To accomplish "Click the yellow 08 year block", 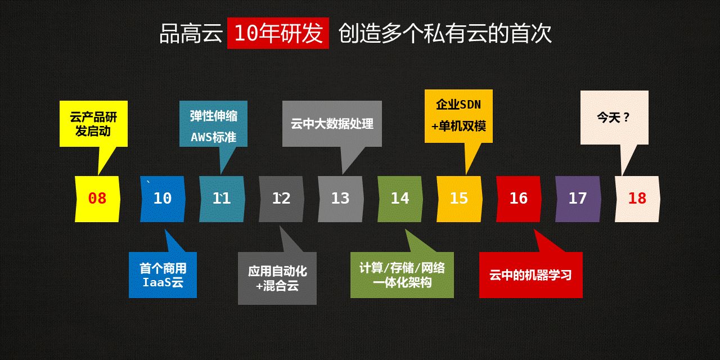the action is tap(97, 199).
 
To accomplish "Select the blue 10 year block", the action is tap(163, 199).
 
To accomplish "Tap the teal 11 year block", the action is tap(222, 199).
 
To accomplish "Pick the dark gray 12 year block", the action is tap(281, 199).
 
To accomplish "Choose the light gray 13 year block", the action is tap(341, 199).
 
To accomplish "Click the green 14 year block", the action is tap(400, 199).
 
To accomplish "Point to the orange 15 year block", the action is tap(460, 199).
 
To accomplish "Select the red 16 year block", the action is tap(519, 199).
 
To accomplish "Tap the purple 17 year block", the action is tap(578, 199).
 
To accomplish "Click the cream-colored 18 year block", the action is tap(637, 199).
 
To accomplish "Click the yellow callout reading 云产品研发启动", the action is tap(93, 124).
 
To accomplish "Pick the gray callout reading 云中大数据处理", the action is tap(332, 124).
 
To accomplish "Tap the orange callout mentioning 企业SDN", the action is tap(458, 116).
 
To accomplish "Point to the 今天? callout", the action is tap(614, 118).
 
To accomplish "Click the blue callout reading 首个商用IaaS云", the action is tap(163, 275).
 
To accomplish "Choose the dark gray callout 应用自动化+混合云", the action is tap(277, 278).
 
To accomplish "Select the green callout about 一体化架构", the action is tap(402, 275).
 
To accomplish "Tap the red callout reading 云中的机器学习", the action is tap(530, 275).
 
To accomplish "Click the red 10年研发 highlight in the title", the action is tap(278, 33).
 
